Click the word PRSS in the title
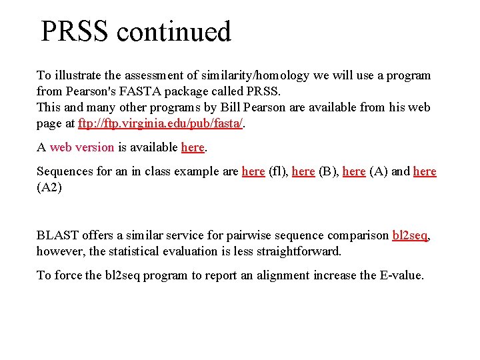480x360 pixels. pos(73,32)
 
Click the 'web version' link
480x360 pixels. pos(81,147)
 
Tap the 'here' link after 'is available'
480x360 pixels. pos(193,147)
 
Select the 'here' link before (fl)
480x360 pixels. pos(253,171)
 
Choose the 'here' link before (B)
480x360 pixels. pos(303,171)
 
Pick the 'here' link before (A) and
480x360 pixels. pos(354,171)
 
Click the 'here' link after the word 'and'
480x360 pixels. pos(425,171)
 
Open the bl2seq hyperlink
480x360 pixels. pos(409,235)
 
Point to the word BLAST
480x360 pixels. pos(58,235)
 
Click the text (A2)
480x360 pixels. pos(49,187)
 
